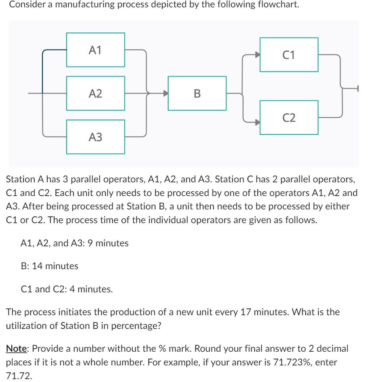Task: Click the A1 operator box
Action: click(96, 50)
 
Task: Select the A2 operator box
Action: click(96, 93)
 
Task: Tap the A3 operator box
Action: click(96, 137)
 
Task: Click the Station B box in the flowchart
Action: click(197, 93)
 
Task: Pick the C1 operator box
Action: click(289, 55)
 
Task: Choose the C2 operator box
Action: click(289, 117)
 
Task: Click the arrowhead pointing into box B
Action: click(165, 93)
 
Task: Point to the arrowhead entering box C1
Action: click(257, 55)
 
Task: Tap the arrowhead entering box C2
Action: click(257, 122)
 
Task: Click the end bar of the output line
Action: click(358, 88)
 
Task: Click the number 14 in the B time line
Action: click(37, 266)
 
